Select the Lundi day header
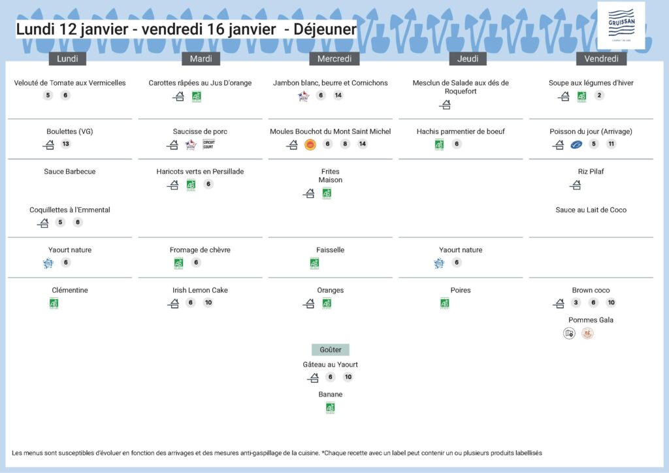click(67, 59)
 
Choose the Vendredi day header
click(601, 59)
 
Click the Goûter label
click(331, 350)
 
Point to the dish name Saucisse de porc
click(200, 131)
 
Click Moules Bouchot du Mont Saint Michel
click(331, 131)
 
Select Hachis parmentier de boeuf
click(461, 131)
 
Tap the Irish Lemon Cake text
click(201, 290)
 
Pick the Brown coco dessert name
click(591, 290)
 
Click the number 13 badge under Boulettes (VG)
click(66, 144)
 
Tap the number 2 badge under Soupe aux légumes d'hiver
click(600, 95)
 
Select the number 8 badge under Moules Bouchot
click(345, 144)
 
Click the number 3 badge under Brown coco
click(576, 303)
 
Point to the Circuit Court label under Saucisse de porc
click(209, 144)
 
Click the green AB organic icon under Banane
click(331, 408)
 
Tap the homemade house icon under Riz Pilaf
click(576, 186)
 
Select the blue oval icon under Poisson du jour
click(576, 144)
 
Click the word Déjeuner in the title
click(325, 29)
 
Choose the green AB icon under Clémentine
click(54, 303)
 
